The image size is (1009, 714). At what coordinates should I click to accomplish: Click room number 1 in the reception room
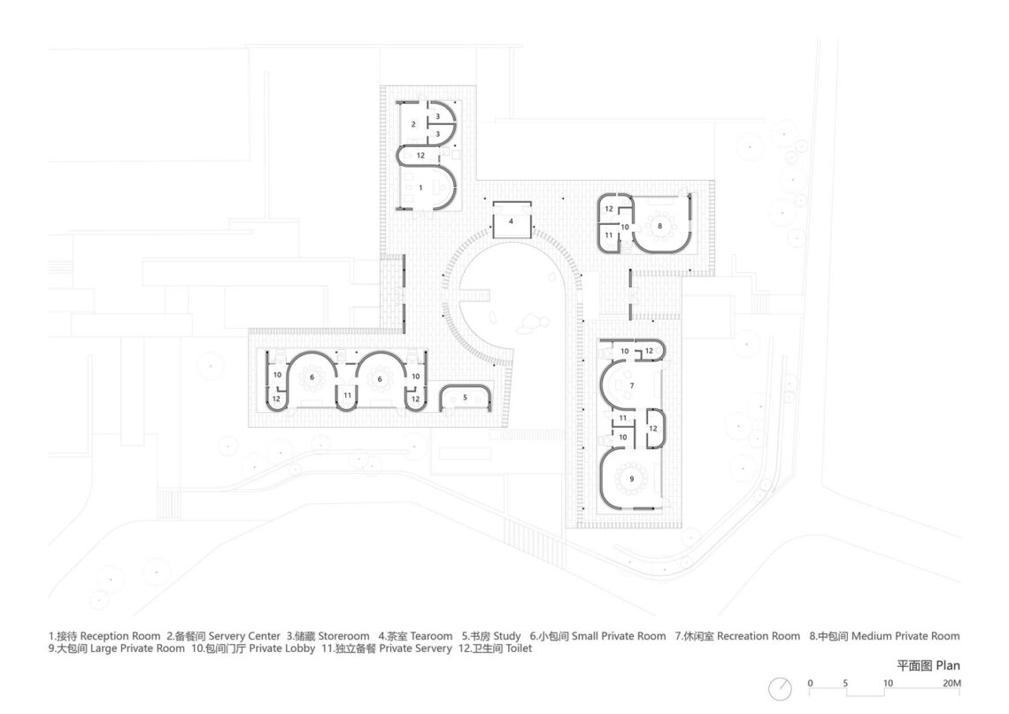420,188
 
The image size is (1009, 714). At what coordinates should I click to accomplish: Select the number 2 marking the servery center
413,125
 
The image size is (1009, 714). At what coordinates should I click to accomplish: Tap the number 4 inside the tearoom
512,220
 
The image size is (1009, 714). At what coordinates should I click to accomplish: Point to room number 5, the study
464,398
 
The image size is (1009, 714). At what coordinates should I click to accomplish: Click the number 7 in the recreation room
631,386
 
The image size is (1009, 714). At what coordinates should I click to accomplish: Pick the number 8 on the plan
660,226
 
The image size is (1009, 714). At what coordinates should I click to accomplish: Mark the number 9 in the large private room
631,478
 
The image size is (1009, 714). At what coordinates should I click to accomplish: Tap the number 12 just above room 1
420,156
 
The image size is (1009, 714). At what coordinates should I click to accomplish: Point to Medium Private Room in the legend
905,636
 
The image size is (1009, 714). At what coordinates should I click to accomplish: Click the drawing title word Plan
944,665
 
